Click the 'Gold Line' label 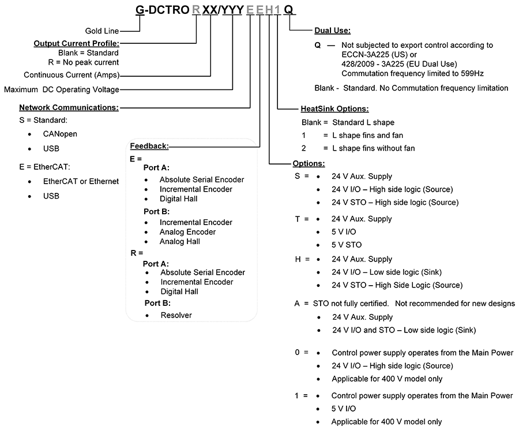pos(102,31)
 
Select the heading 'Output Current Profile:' pos(77,43)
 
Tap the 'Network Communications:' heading pos(69,107)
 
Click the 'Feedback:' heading pos(149,146)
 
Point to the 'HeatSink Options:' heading pos(334,109)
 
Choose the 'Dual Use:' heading pos(332,31)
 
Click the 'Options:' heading pos(309,163)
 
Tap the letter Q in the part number pos(289,10)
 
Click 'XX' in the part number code pos(210,10)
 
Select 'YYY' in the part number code pos(232,10)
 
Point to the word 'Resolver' pos(176,315)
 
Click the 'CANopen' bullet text pos(60,134)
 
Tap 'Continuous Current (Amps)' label pos(72,75)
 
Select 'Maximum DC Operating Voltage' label pos(62,89)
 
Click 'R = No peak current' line pos(84,62)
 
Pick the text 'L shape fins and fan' pos(368,135)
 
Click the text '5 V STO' pos(347,245)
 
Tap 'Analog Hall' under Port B pos(180,241)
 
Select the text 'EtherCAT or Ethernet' pos(81,181)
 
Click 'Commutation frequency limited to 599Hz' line pos(412,73)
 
